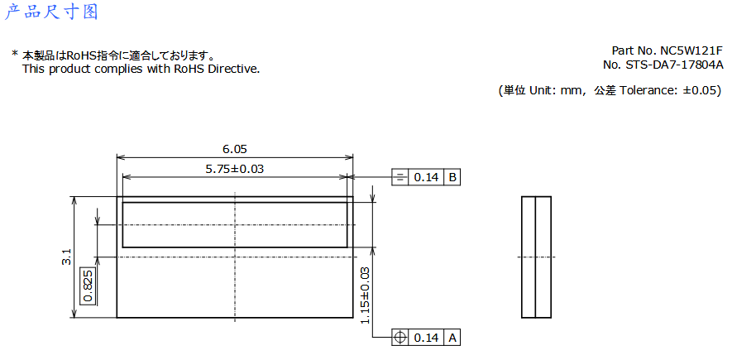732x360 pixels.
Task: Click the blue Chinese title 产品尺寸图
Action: point(51,12)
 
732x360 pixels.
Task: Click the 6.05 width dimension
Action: point(234,150)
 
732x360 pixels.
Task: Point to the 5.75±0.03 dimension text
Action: point(234,169)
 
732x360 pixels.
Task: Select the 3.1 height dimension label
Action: point(66,257)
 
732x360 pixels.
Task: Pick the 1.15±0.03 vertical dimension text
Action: point(365,295)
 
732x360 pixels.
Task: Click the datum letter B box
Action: point(452,177)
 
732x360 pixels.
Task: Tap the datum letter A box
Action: point(452,338)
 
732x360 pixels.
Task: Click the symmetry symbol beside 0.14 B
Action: point(400,177)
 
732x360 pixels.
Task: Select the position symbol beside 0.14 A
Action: point(400,338)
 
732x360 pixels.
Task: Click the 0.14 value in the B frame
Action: point(426,177)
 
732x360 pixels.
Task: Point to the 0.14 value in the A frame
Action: point(426,338)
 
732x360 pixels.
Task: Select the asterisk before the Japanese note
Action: point(14,55)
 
